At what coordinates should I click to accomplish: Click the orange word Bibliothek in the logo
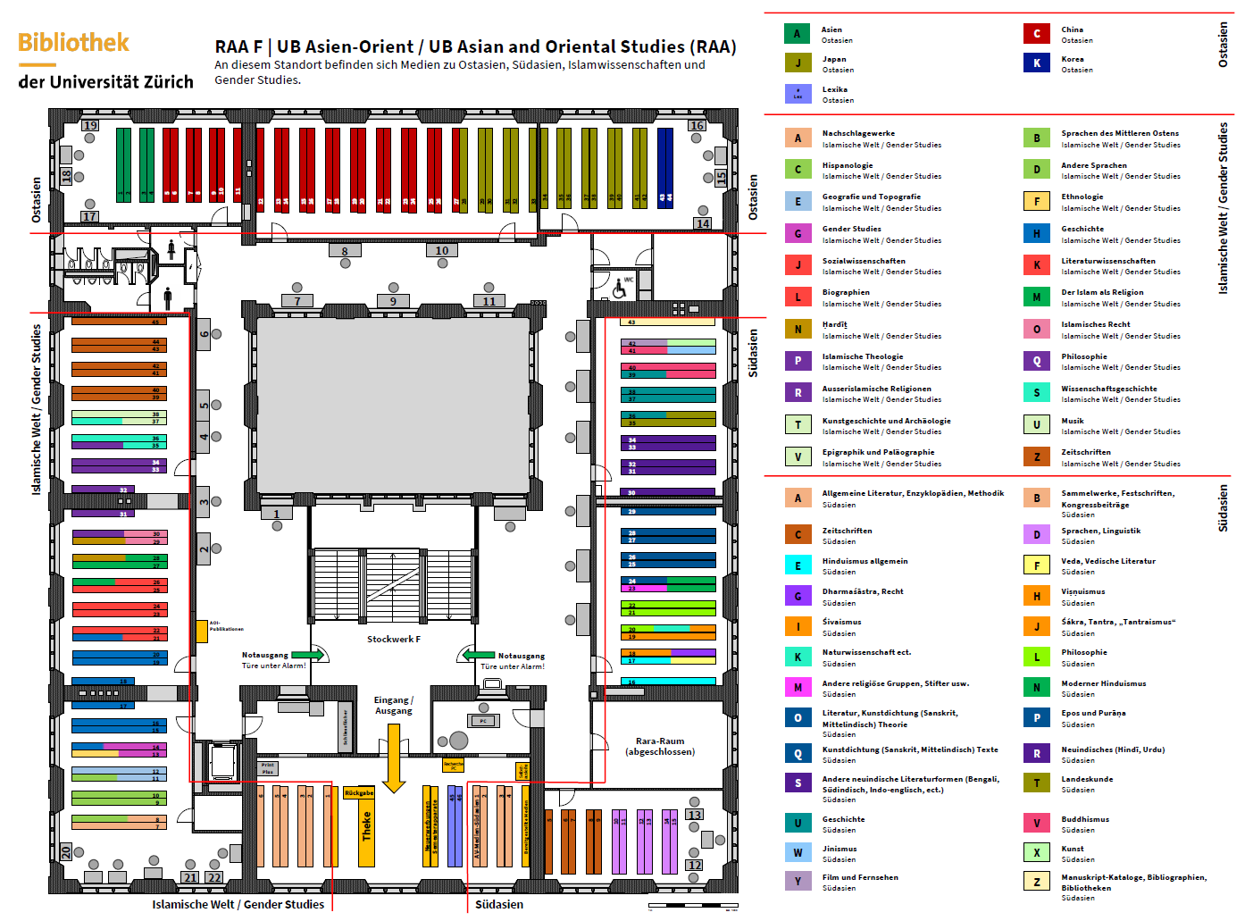pos(73,43)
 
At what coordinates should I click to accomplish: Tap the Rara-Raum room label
pos(660,746)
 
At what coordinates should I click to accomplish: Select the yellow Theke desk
pos(366,826)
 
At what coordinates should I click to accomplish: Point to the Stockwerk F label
pos(393,639)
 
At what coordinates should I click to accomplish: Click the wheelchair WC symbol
pos(620,288)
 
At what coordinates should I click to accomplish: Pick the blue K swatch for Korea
pos(1036,63)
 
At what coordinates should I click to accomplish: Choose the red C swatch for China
pos(1036,34)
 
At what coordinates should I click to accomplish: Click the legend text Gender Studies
pos(851,229)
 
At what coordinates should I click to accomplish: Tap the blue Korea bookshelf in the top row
pos(665,167)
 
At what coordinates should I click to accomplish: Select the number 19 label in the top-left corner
pos(90,125)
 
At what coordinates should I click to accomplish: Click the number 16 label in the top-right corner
pos(697,125)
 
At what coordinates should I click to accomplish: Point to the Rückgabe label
pos(359,792)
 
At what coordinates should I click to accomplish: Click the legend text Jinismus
pos(839,849)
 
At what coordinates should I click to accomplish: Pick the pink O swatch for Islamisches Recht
pos(1036,329)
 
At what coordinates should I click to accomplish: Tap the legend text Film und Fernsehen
pos(860,877)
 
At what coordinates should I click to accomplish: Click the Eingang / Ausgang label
pos(394,705)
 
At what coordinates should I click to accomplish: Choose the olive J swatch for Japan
pos(798,63)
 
